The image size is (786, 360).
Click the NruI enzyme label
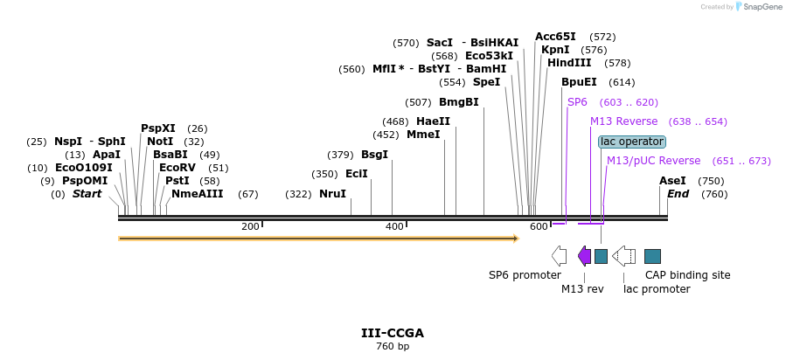(x=332, y=194)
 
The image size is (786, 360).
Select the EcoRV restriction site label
(x=177, y=168)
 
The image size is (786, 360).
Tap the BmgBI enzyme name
(x=458, y=102)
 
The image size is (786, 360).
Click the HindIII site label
(x=569, y=63)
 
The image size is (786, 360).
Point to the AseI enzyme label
(x=672, y=181)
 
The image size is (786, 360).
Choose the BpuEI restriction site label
(x=579, y=82)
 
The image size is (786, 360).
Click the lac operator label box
(x=631, y=142)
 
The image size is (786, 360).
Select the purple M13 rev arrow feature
(x=584, y=255)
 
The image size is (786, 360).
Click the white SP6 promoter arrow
(x=559, y=255)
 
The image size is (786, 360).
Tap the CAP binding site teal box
(x=652, y=256)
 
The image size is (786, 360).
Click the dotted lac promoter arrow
(x=623, y=255)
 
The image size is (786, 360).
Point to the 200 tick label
(x=250, y=227)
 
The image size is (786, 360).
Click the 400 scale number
(x=394, y=227)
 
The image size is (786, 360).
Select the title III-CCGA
(x=393, y=333)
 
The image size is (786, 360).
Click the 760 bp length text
(x=393, y=347)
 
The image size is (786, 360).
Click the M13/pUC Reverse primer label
(x=653, y=161)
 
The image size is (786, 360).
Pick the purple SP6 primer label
(x=577, y=102)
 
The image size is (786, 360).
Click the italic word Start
(x=87, y=194)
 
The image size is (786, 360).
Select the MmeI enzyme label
(x=423, y=135)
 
